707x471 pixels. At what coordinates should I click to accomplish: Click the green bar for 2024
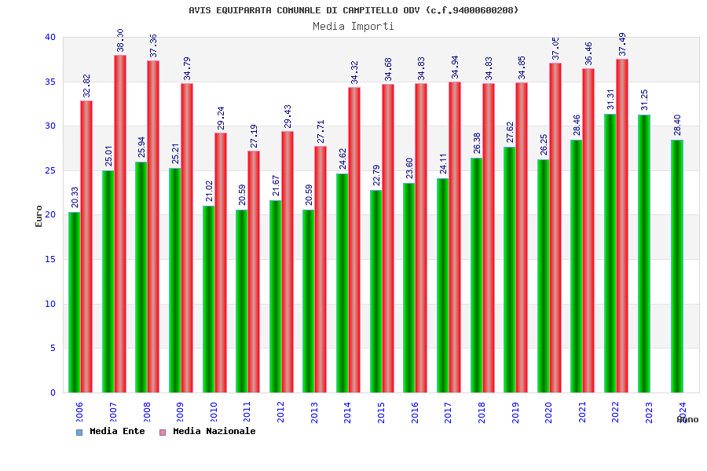click(x=677, y=266)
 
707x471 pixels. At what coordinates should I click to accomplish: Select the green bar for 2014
click(x=343, y=283)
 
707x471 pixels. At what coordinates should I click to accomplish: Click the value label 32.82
click(x=86, y=86)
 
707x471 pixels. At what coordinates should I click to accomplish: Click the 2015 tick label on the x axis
click(x=381, y=412)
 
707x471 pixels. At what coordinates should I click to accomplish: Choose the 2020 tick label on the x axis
click(x=548, y=412)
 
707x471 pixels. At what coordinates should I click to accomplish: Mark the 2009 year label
click(x=180, y=412)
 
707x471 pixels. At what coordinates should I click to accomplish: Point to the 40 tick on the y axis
click(x=50, y=37)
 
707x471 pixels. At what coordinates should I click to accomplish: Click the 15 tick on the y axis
click(x=50, y=259)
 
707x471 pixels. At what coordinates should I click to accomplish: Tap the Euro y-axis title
click(x=39, y=215)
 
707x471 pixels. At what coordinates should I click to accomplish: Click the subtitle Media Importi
click(x=353, y=26)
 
